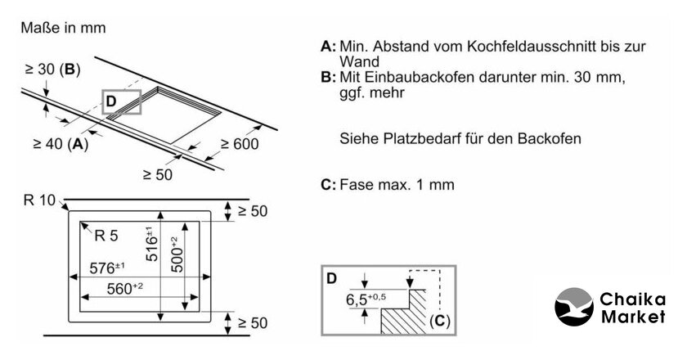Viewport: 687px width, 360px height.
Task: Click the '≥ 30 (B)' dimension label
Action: tap(51, 70)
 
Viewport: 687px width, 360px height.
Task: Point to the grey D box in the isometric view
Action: tap(121, 101)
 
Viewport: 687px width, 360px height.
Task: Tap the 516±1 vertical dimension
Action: tap(150, 243)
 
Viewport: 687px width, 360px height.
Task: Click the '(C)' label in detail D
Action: tap(439, 321)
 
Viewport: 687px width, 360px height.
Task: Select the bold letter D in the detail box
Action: tap(331, 278)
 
